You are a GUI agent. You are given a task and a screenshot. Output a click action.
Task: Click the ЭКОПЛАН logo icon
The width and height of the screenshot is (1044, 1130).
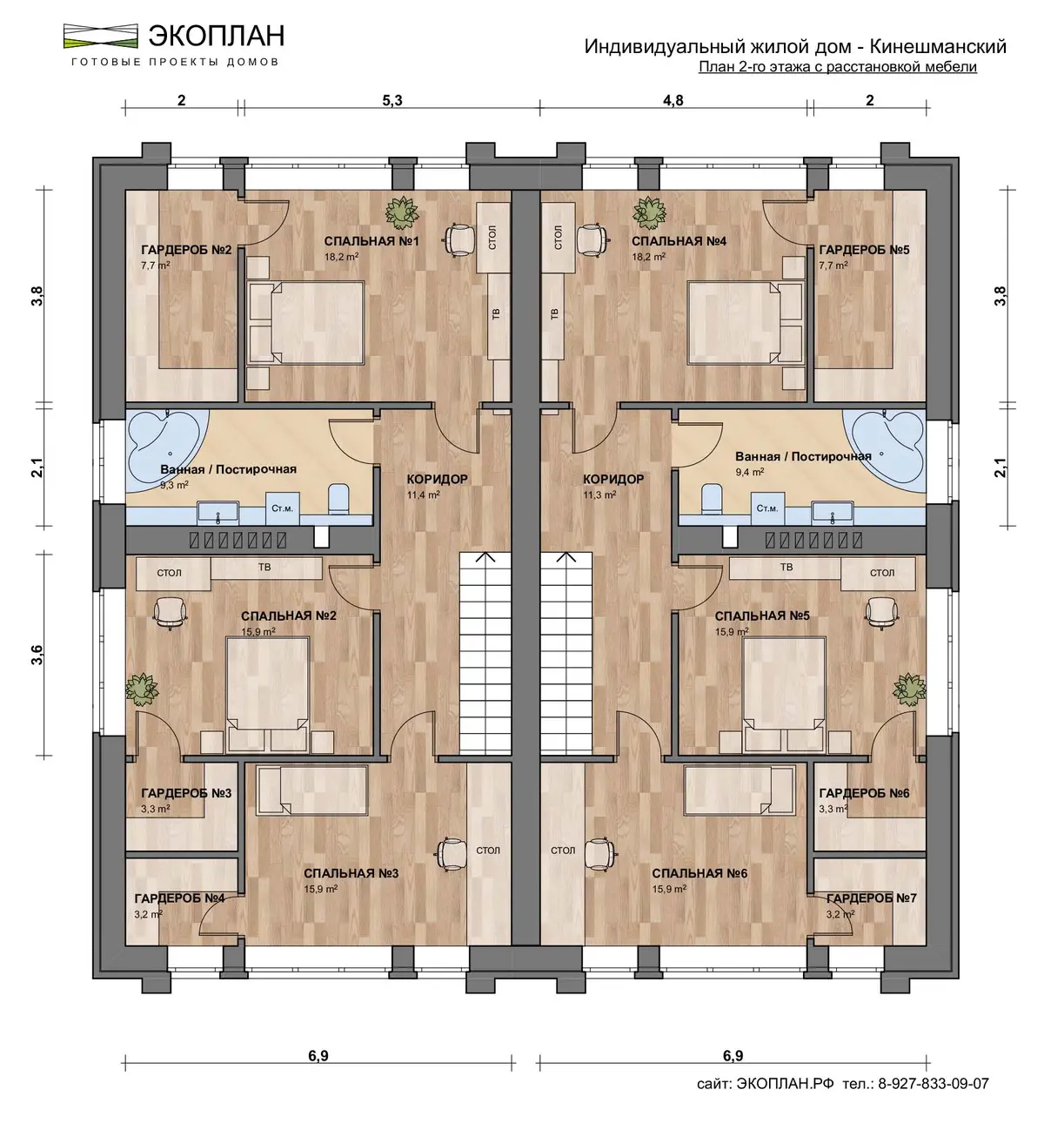coord(101,36)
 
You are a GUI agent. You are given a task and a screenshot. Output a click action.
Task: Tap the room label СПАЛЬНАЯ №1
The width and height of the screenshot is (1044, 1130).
coord(371,241)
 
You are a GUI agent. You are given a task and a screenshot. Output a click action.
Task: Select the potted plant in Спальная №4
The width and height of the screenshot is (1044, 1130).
coord(649,213)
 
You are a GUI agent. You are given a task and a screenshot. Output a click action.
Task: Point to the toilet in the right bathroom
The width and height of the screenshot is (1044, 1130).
coord(711,499)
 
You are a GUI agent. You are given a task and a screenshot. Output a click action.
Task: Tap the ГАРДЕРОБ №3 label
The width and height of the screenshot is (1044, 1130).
coord(186,792)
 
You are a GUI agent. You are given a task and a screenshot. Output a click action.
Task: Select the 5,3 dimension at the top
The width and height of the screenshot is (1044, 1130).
coord(392,101)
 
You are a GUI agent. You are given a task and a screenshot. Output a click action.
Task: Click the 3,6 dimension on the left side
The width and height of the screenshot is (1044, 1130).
coord(37,655)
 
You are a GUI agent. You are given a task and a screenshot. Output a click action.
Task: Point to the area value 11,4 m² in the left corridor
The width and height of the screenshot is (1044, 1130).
coord(423,495)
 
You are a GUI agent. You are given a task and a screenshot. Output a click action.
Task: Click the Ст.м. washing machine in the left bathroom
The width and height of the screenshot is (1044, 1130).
coord(282,508)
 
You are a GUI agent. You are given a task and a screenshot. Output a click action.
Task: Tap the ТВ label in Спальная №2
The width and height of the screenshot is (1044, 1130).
coord(264,568)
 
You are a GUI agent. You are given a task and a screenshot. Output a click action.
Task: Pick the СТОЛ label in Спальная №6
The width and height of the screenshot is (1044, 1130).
coord(563,851)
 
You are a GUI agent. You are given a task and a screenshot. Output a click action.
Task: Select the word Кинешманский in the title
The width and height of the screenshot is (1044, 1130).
coord(938,46)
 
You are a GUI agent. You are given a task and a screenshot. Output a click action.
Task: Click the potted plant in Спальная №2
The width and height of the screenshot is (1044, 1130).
coord(142,689)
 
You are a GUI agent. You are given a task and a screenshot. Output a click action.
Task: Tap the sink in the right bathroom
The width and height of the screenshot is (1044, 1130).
coord(832,512)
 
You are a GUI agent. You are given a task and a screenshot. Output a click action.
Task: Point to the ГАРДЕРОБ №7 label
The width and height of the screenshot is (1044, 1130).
coord(872,898)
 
